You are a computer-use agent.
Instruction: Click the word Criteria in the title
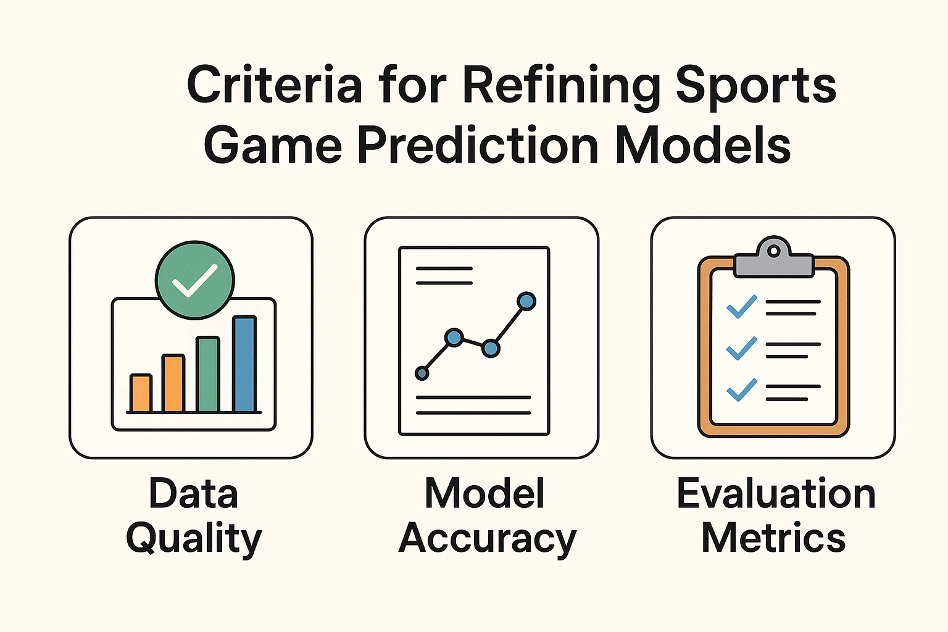[274, 84]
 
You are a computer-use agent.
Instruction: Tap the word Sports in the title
[756, 88]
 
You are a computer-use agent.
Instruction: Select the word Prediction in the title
[478, 145]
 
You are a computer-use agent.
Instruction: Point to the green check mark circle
[194, 280]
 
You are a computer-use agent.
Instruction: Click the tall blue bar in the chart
[244, 364]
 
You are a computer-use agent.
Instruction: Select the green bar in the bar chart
[208, 374]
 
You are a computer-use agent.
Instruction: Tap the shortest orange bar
[141, 393]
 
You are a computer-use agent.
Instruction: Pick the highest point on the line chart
[526, 301]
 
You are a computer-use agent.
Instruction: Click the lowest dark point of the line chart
[422, 373]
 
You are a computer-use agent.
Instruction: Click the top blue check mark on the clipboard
[741, 307]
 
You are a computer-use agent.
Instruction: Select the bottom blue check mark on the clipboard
[741, 390]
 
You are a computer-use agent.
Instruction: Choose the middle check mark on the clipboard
[741, 348]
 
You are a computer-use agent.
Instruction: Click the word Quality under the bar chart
[194, 538]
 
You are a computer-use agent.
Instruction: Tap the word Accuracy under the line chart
[488, 538]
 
